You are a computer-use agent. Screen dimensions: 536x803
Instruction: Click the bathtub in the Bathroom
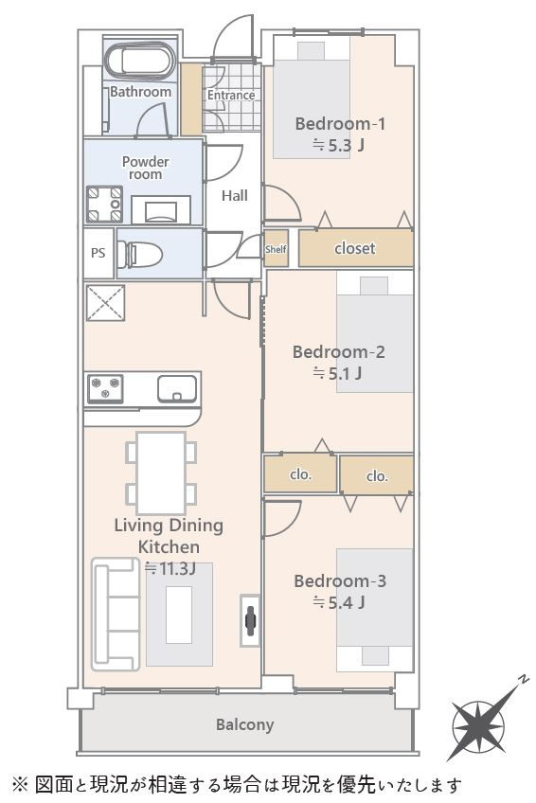pos(139,61)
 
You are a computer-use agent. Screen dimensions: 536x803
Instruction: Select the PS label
pos(98,253)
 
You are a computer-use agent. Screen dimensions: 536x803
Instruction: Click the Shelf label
pos(276,249)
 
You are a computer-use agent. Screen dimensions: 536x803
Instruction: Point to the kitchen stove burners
pos(105,388)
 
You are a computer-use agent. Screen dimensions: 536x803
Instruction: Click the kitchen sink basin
pos(177,388)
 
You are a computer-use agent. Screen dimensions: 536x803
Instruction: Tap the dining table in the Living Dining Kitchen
pos(161,473)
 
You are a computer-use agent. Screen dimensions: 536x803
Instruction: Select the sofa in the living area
pos(116,615)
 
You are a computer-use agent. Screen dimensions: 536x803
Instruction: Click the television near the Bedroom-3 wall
pos(250,620)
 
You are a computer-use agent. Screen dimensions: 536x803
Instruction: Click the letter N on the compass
pos(523,680)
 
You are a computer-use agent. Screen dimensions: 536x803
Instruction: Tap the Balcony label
pos(244,724)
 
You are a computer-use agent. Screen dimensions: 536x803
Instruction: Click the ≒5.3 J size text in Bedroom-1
pos(338,146)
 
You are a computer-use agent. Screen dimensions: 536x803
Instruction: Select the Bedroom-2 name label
pos(338,352)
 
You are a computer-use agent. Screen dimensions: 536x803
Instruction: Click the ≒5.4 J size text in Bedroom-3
pos(338,602)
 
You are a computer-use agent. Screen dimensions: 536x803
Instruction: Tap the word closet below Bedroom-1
pos(355,248)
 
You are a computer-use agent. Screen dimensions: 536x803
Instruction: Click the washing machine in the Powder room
pos(105,205)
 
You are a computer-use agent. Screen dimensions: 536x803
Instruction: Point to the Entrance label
pos(231,96)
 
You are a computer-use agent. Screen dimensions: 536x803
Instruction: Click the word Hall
pos(235,196)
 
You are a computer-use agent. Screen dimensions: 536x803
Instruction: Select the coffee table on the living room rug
pos(179,615)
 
